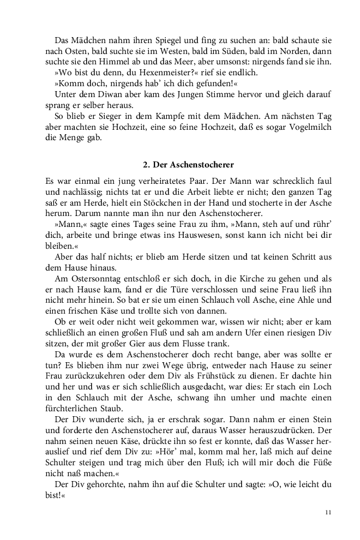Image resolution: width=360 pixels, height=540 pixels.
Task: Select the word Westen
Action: (154, 52)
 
